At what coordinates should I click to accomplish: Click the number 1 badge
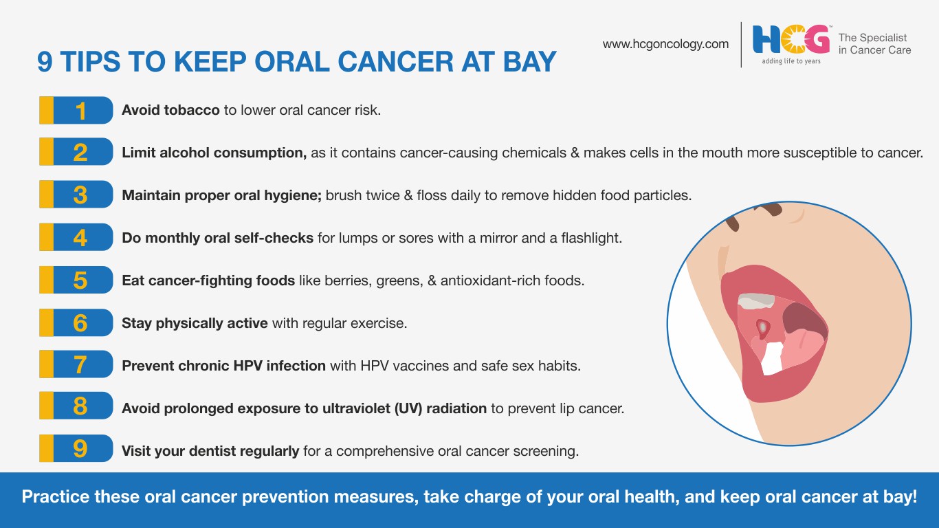click(76, 110)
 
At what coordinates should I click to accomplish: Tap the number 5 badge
click(76, 280)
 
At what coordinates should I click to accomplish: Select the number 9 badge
click(76, 448)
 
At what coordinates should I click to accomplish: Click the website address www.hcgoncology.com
click(665, 45)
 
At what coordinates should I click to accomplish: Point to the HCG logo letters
click(791, 39)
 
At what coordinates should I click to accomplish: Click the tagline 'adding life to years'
click(791, 61)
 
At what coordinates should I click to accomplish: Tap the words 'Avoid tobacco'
click(170, 110)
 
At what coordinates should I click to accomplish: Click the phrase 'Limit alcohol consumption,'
click(214, 153)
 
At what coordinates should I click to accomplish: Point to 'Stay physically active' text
click(195, 323)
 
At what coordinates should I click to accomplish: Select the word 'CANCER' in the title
click(395, 62)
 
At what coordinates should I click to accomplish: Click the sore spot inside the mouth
click(763, 328)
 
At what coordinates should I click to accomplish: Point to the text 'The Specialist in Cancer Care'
click(874, 44)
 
